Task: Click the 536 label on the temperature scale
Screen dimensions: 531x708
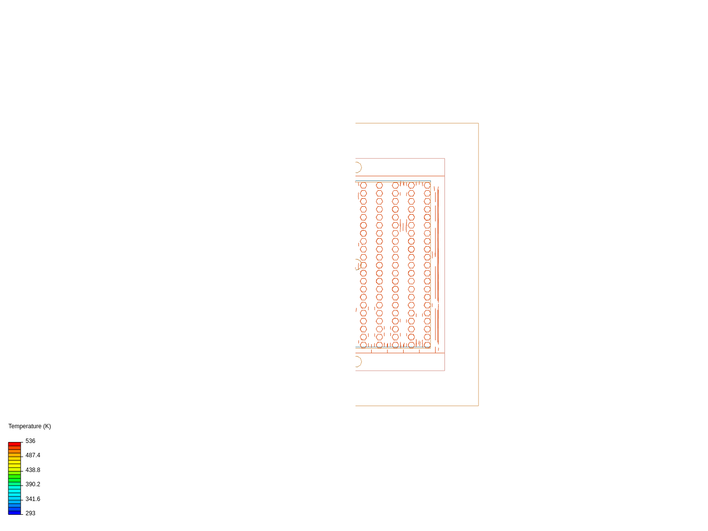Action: coord(30,441)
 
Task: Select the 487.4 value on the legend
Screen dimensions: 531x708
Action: coord(33,455)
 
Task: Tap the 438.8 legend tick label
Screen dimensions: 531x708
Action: coord(33,470)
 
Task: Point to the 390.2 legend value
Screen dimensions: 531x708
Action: coord(33,484)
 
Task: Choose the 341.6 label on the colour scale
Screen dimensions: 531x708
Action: coord(33,499)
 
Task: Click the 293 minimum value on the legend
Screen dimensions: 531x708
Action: coord(30,513)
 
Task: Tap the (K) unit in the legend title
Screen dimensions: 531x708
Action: coord(47,426)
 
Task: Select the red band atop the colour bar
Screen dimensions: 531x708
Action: coord(14,444)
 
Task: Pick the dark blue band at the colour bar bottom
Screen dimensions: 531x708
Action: coord(14,512)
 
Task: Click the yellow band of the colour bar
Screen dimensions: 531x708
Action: coord(14,463)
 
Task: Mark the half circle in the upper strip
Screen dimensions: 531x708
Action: coord(357,167)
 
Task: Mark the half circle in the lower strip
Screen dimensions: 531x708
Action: coord(357,362)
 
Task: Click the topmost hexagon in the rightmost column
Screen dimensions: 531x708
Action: coord(427,185)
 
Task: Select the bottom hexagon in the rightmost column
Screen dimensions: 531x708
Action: coord(427,345)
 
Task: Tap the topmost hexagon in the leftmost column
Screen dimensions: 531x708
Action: coord(363,185)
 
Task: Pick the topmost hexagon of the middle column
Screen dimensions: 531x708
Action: coord(395,185)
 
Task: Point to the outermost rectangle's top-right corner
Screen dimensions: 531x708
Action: coord(478,123)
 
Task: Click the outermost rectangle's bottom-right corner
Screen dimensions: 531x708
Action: coord(478,406)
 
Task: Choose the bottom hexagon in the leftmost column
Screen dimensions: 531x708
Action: coord(363,345)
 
